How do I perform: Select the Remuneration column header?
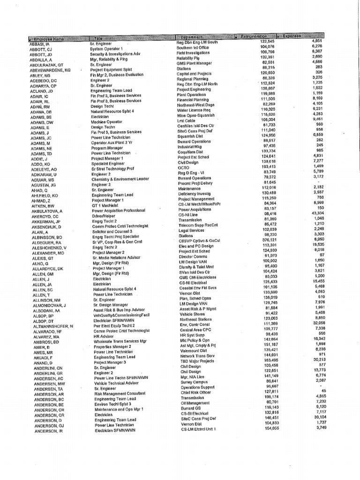click(x=254, y=37)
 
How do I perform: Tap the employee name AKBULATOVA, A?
click(x=50, y=211)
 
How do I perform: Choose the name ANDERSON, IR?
click(x=48, y=431)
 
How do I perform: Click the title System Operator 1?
click(x=106, y=48)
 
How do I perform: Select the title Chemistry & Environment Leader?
click(x=120, y=180)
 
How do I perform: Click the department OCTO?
click(x=183, y=167)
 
